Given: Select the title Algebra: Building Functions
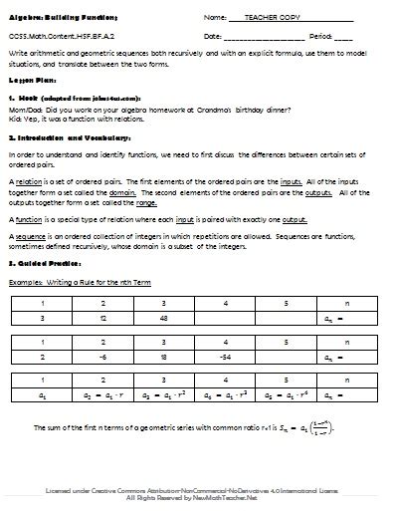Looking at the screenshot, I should pyautogui.click(x=61, y=18).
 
